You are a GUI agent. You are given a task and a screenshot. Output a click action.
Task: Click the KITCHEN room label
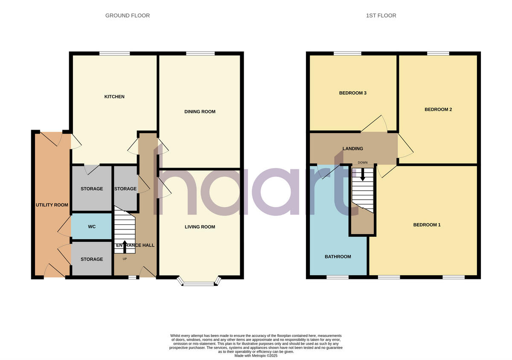114,97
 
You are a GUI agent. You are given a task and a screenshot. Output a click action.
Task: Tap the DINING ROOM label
200,112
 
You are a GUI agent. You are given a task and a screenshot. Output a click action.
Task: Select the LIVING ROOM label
200,227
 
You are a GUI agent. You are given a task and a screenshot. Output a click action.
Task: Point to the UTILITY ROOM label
52,205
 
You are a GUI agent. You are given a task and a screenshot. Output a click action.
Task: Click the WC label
92,227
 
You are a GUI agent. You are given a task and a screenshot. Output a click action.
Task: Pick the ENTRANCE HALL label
135,245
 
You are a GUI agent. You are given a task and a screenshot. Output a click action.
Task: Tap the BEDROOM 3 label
353,93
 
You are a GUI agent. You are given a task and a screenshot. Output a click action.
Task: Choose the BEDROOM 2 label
438,110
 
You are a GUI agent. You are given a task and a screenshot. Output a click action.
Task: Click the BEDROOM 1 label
427,225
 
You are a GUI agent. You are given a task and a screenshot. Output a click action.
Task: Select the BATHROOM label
338,257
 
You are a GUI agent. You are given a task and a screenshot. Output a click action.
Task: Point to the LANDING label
353,149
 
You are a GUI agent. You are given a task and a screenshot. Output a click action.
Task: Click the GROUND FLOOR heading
128,16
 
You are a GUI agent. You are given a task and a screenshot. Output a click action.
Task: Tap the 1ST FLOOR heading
381,16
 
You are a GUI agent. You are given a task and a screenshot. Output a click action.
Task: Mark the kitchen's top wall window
114,53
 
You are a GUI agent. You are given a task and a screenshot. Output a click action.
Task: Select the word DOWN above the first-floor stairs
363,163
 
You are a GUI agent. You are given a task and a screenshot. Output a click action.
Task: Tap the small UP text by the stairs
125,259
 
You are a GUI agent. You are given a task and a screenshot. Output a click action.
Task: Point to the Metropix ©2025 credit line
256,355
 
